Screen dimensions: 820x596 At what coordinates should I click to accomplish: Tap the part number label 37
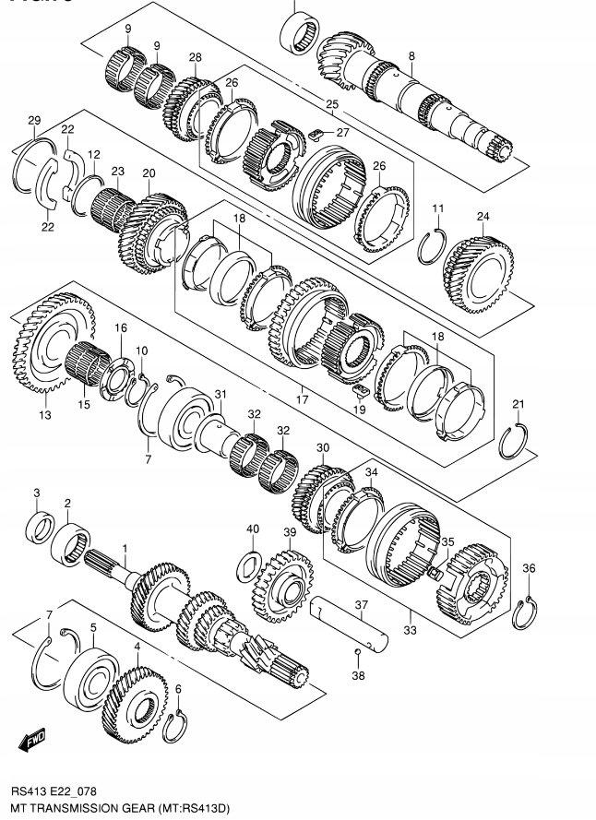click(x=362, y=606)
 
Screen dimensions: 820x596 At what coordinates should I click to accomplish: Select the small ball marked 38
click(x=357, y=654)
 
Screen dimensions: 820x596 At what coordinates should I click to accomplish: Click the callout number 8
click(x=411, y=56)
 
